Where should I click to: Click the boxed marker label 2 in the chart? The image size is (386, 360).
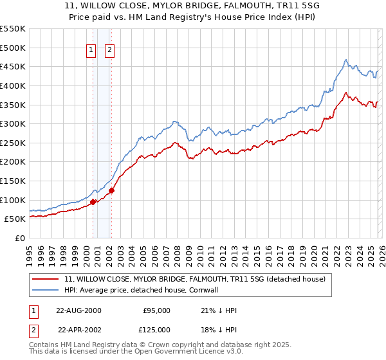(x=109, y=50)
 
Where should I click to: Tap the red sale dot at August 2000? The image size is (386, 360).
(x=93, y=202)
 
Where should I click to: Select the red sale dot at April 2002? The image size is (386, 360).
(x=111, y=190)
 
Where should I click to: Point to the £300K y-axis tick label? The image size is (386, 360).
(x=13, y=123)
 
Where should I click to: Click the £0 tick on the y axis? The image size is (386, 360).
(x=20, y=238)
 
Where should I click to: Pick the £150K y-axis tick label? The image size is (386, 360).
(x=13, y=181)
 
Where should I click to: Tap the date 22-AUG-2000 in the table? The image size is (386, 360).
(x=78, y=310)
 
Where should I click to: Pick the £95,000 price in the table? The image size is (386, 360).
(x=156, y=310)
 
